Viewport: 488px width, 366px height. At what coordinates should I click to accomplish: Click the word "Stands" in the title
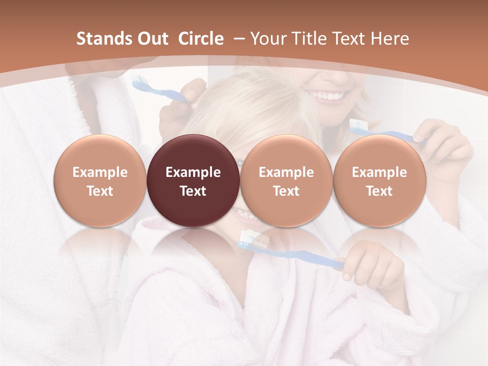103,39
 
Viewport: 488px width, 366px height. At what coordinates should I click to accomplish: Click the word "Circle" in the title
201,39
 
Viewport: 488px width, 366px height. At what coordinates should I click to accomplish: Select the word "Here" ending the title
390,39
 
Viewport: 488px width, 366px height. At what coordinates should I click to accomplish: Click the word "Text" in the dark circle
193,191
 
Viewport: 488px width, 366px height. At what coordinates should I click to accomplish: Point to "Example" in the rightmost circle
379,172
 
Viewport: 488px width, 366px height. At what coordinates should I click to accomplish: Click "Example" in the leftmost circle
100,172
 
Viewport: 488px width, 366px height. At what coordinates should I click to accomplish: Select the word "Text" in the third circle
286,191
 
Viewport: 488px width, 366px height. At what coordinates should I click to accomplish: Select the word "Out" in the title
153,39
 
